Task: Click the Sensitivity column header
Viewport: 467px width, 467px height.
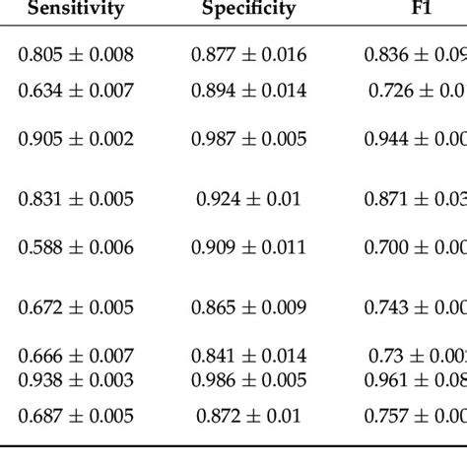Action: [x=76, y=10]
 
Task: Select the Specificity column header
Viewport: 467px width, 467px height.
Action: [x=248, y=10]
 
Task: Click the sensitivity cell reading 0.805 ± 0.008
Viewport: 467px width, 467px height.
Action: [x=76, y=56]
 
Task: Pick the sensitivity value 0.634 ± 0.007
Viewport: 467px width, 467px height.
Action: [x=76, y=91]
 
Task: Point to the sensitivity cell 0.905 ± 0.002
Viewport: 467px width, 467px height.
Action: [x=76, y=140]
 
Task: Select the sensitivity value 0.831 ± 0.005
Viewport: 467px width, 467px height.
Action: [x=76, y=199]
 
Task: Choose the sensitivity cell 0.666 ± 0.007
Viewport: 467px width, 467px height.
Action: [x=76, y=354]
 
